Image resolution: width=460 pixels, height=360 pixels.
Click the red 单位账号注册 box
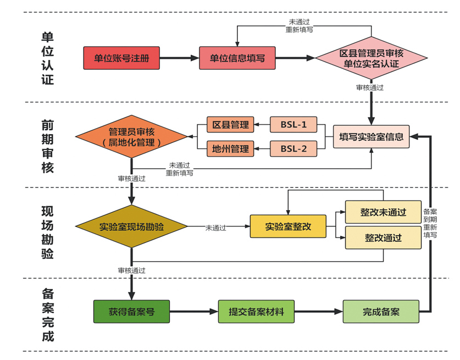(121, 58)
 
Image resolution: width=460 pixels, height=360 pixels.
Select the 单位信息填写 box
(237, 58)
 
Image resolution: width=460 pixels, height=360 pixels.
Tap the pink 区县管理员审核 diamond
(372, 58)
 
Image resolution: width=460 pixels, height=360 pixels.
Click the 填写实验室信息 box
(371, 137)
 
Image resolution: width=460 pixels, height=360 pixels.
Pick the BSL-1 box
(293, 125)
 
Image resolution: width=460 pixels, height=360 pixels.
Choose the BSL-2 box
(293, 148)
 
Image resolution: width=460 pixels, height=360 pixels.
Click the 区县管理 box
(230, 125)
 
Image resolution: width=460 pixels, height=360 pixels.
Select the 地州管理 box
(230, 148)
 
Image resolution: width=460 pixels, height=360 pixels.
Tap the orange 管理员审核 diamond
(132, 137)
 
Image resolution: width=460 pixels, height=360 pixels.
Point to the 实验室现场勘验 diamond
(132, 226)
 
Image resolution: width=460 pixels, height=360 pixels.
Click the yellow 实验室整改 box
(287, 226)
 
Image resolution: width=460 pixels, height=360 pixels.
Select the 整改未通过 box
(383, 212)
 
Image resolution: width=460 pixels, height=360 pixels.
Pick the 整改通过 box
(383, 238)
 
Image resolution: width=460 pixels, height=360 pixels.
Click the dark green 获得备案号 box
(131, 312)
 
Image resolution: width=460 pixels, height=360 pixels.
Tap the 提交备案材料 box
(256, 312)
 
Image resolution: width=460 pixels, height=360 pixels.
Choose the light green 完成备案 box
(381, 312)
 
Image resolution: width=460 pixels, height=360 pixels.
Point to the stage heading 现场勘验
(48, 232)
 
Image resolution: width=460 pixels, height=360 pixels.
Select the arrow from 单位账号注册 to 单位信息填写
(179, 58)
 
